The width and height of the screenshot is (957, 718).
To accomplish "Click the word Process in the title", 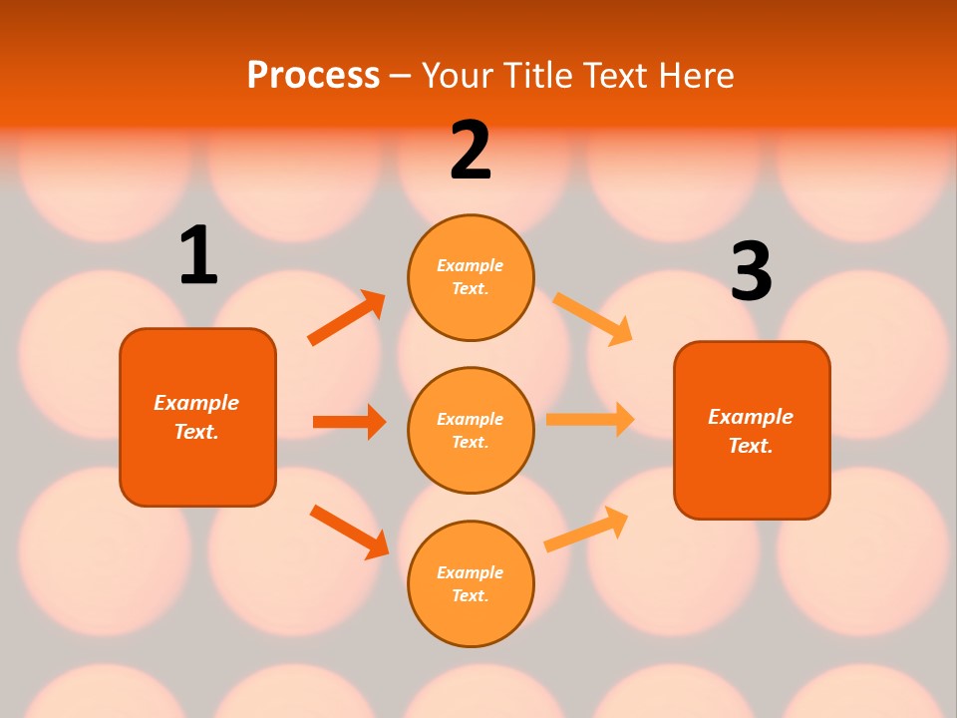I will pos(313,75).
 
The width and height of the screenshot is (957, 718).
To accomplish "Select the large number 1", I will pos(198,255).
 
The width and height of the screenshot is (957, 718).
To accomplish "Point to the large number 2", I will pos(471,151).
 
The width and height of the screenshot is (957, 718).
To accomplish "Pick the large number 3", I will pos(751,271).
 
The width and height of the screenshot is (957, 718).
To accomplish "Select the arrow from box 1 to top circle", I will pos(346,318).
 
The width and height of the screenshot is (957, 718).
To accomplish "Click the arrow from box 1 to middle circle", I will pos(349,422).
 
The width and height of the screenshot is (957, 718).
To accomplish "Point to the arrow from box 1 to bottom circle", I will pos(349,532).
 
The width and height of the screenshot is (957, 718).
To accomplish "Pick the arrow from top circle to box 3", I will pos(592,318).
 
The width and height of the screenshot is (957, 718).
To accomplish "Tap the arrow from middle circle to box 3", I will pos(590,420).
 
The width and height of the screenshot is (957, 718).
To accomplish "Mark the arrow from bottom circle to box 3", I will pos(586,530).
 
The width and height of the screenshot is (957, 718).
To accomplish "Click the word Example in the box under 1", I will pos(196,403).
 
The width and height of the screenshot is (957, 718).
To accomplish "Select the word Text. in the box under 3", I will pos(751,446).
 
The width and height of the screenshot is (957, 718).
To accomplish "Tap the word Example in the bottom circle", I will pos(471,572).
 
